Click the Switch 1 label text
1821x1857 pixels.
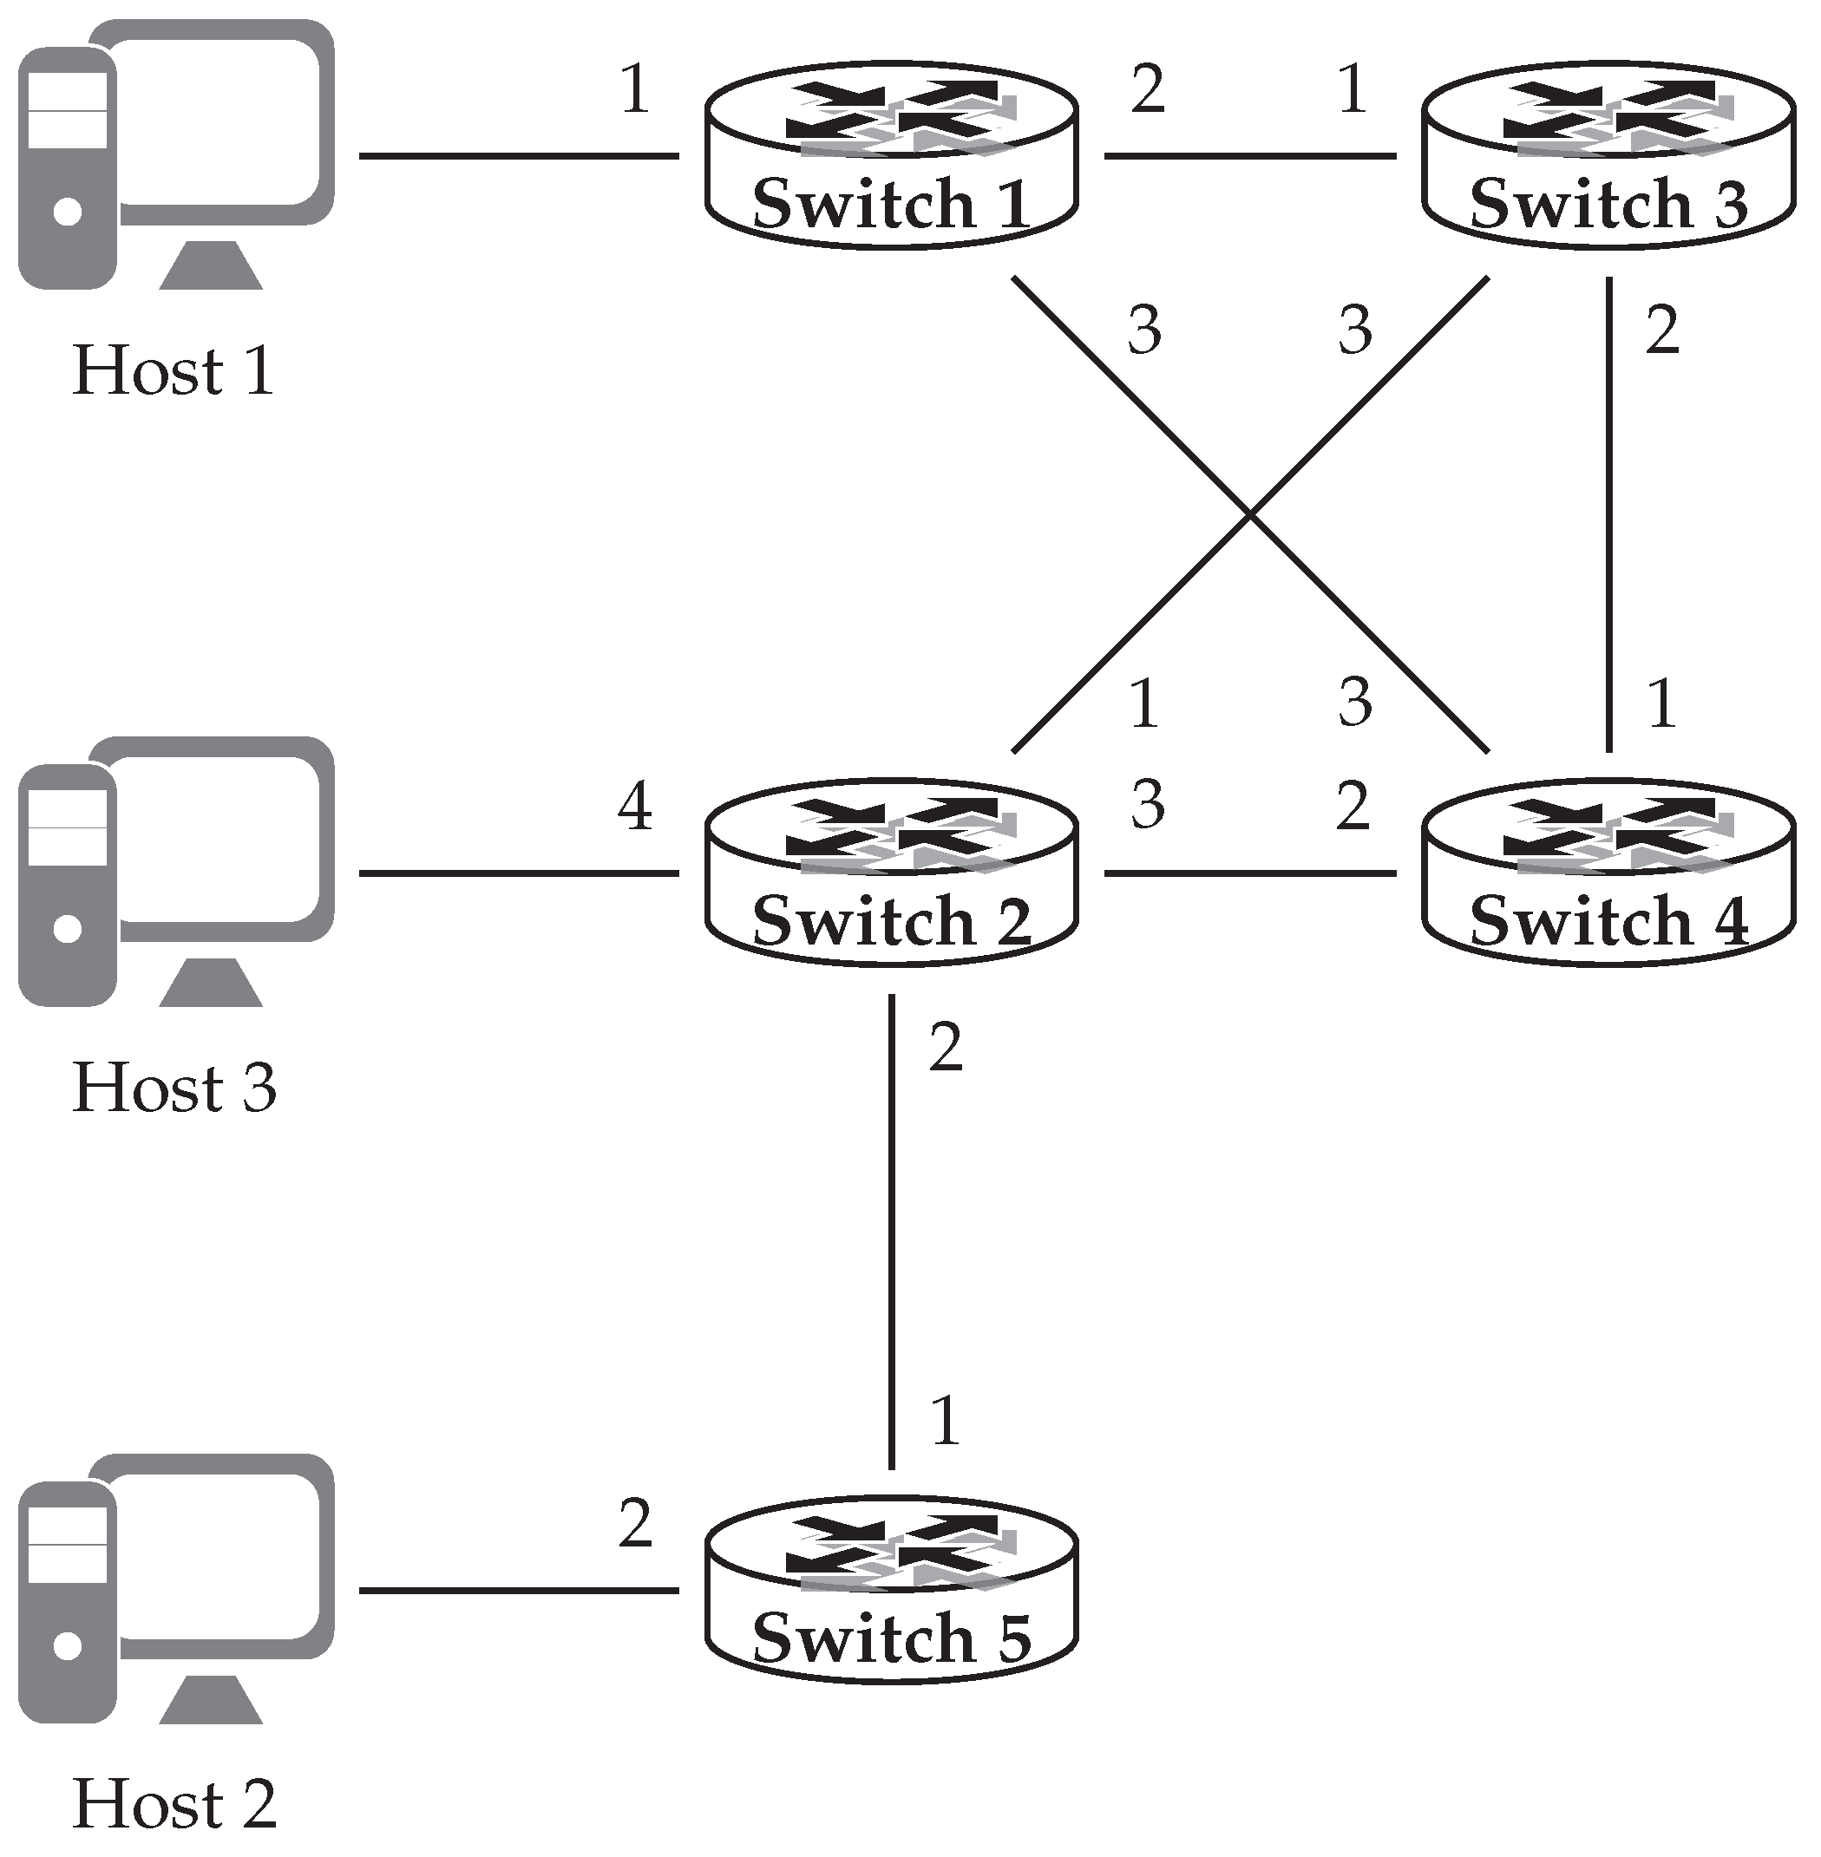[x=890, y=203]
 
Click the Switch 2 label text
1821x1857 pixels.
[x=890, y=920]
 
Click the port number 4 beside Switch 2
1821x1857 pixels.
[x=634, y=806]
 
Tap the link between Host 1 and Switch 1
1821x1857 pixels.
[x=519, y=155]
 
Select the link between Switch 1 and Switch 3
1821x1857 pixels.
[x=1249, y=155]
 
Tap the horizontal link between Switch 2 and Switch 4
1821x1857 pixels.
[x=1249, y=873]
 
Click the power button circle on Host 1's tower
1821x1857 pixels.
[x=67, y=212]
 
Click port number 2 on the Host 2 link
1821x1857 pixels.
[x=634, y=1524]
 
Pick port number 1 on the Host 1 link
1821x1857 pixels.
[x=634, y=90]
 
